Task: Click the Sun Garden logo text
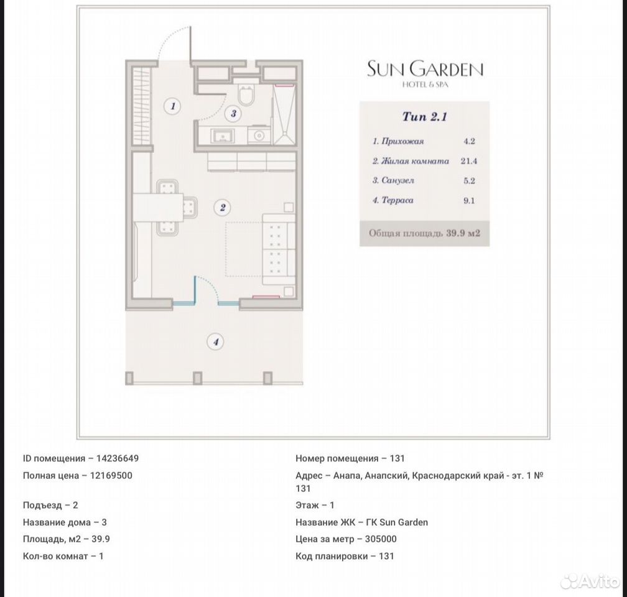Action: [x=425, y=69]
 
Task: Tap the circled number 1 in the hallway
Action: [x=173, y=106]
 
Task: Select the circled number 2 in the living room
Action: [x=222, y=207]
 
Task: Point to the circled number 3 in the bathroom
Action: [x=233, y=114]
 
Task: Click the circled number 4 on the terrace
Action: [x=215, y=341]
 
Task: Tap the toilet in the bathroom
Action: [x=244, y=93]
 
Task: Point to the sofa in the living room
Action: [x=279, y=249]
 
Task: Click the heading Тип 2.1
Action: [x=425, y=117]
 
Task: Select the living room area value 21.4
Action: [x=468, y=160]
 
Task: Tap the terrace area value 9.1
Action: [x=469, y=200]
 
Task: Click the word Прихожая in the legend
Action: [x=402, y=141]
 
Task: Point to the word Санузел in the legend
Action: [x=397, y=180]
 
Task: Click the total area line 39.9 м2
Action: [x=424, y=233]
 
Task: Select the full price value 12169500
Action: [x=111, y=476]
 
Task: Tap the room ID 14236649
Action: [x=118, y=458]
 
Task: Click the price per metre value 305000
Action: [x=381, y=539]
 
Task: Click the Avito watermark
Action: [x=590, y=581]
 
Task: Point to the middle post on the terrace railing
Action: [x=198, y=378]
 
